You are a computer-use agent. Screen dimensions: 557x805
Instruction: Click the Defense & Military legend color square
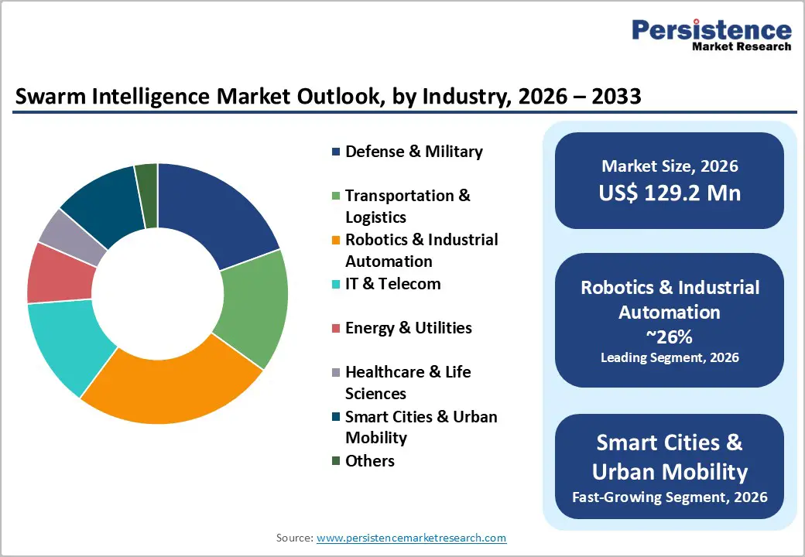tap(336, 152)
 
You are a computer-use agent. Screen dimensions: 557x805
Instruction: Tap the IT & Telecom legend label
tap(392, 284)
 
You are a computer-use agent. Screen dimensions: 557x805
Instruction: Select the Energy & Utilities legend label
tap(408, 328)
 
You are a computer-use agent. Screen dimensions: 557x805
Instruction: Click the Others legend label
tap(369, 461)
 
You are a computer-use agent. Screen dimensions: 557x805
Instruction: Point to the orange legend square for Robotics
tap(336, 241)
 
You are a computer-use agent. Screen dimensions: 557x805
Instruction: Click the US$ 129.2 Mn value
tap(670, 193)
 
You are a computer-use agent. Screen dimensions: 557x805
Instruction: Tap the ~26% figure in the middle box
tap(670, 337)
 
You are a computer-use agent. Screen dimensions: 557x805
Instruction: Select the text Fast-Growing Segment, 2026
tap(670, 497)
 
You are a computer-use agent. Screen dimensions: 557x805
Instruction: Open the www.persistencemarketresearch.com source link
tap(411, 538)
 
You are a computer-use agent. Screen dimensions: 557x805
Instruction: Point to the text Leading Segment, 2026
tap(670, 357)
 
